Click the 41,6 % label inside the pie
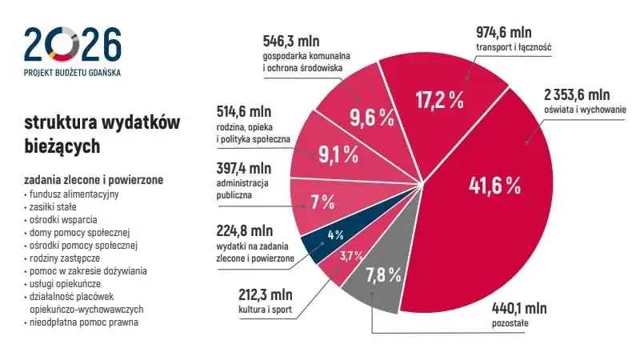pyautogui.click(x=494, y=186)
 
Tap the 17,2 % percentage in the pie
pyautogui.click(x=439, y=99)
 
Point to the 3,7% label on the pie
pyautogui.click(x=351, y=256)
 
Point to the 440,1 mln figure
pyautogui.click(x=518, y=306)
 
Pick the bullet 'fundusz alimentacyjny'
pyautogui.click(x=74, y=194)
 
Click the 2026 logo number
pyautogui.click(x=73, y=44)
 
